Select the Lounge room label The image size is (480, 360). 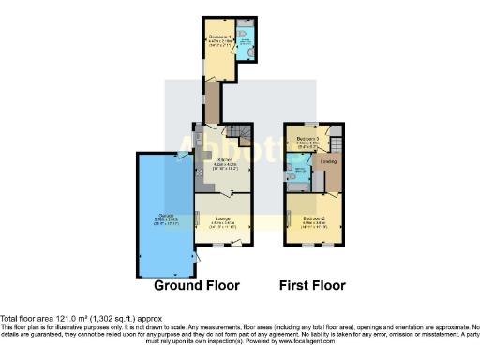[x=221, y=221]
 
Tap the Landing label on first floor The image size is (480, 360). [x=329, y=162]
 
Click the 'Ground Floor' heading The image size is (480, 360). [x=197, y=285]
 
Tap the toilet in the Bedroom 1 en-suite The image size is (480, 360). [x=244, y=36]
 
